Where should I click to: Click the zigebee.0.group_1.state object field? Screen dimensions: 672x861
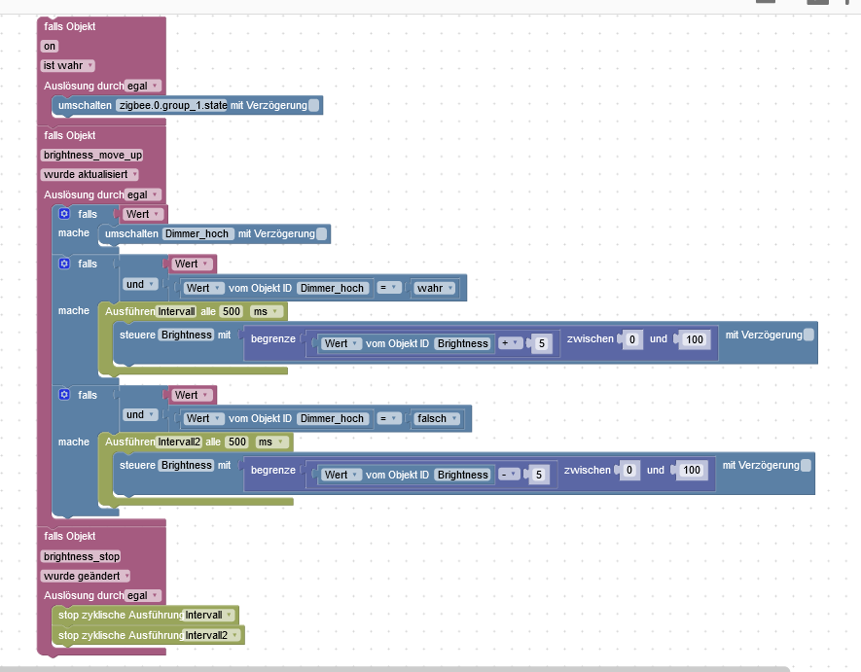171,105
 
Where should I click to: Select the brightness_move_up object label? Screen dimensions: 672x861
92,155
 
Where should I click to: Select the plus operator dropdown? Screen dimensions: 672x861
511,343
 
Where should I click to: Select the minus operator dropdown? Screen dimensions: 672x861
509,475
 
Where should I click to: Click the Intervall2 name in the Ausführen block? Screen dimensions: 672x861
179,442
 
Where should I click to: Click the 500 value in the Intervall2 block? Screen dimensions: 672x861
236,442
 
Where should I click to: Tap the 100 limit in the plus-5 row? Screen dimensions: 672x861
693,339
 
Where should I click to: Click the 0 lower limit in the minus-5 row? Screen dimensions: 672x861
630,471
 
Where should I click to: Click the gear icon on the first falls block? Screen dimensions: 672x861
64,214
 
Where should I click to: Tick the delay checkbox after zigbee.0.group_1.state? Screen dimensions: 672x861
313,105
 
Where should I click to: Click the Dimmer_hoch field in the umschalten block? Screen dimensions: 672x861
197,233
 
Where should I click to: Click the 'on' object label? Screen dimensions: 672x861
50,46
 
